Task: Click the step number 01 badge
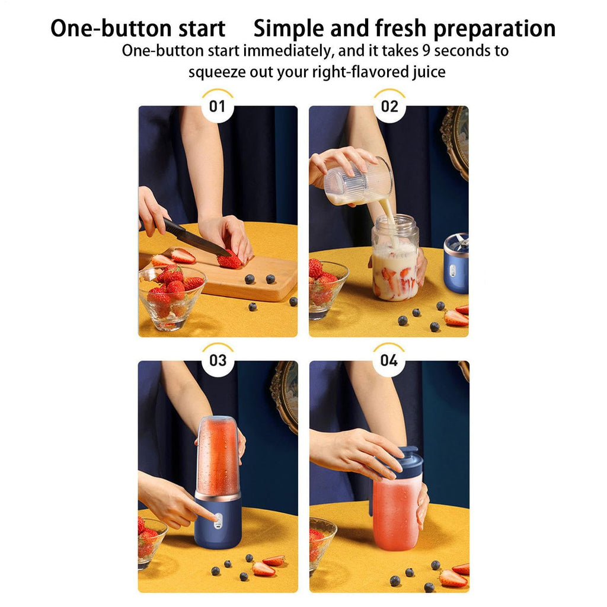click(218, 107)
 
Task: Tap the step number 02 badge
click(389, 107)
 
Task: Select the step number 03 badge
click(218, 360)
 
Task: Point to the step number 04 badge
click(389, 360)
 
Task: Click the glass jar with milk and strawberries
click(395, 261)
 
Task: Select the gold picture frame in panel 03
click(286, 394)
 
